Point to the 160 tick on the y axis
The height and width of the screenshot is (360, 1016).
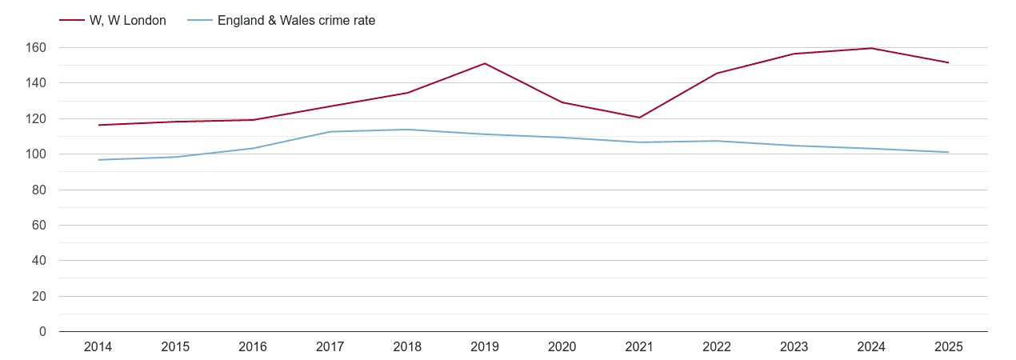pyautogui.click(x=36, y=48)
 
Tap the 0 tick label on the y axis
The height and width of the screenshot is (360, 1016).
pyautogui.click(x=42, y=332)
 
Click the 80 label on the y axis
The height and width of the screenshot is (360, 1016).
pyautogui.click(x=39, y=190)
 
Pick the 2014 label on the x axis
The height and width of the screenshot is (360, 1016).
pyautogui.click(x=98, y=347)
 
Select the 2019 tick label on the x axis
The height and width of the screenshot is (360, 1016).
pyautogui.click(x=485, y=347)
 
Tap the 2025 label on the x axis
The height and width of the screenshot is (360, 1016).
pyautogui.click(x=948, y=347)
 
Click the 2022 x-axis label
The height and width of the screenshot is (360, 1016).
pyautogui.click(x=716, y=347)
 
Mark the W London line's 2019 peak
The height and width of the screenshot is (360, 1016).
pyautogui.click(x=485, y=63)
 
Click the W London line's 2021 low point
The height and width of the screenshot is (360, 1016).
pyautogui.click(x=639, y=118)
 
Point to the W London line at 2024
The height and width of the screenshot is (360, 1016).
pyautogui.click(x=871, y=48)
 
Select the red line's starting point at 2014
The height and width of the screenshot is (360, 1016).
pyautogui.click(x=98, y=125)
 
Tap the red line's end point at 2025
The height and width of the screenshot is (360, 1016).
pyautogui.click(x=948, y=62)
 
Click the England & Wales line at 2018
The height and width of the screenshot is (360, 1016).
pyautogui.click(x=407, y=130)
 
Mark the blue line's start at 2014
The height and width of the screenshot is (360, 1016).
pyautogui.click(x=98, y=160)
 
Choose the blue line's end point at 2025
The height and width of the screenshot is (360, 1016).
pyautogui.click(x=948, y=152)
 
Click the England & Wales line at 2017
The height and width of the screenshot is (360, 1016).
pyautogui.click(x=330, y=132)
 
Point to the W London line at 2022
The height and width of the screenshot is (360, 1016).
pyautogui.click(x=716, y=74)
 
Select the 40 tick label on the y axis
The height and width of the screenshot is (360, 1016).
pyautogui.click(x=39, y=261)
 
